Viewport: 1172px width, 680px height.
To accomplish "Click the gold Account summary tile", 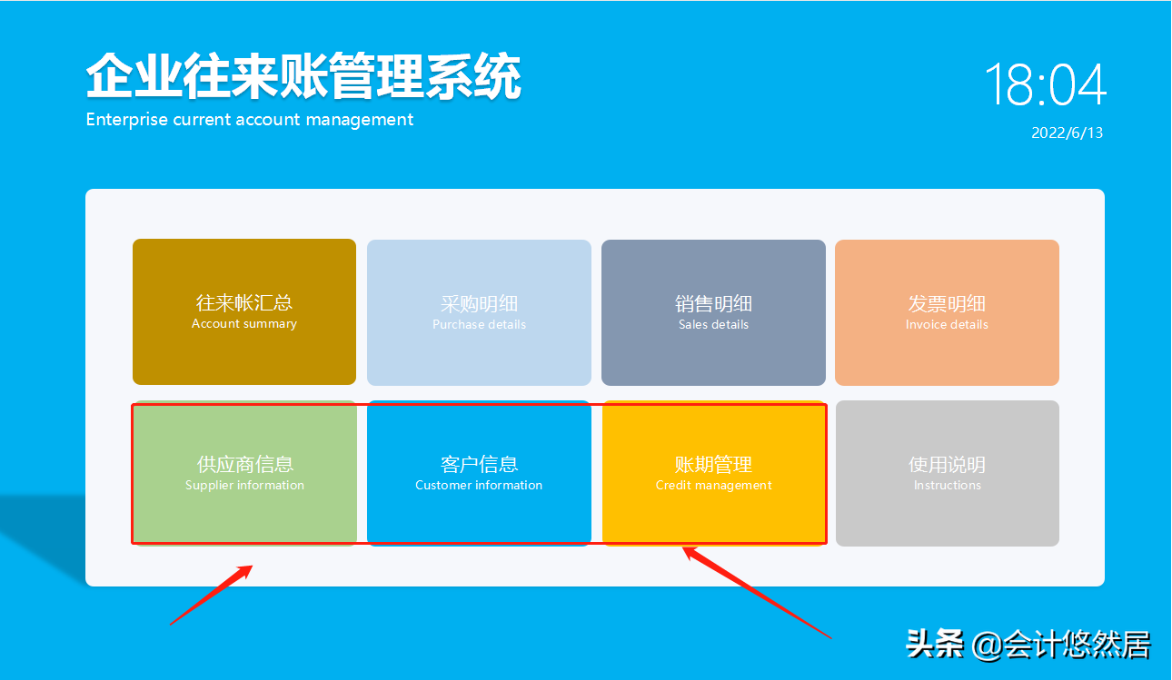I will pyautogui.click(x=243, y=311).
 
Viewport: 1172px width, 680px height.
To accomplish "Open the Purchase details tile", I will pyautogui.click(x=479, y=312).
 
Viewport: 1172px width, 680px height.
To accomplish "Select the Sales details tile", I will pyautogui.click(x=713, y=312).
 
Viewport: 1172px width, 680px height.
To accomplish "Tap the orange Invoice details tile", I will pyautogui.click(x=947, y=312).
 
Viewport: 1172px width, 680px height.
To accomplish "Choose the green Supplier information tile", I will pyautogui.click(x=244, y=473).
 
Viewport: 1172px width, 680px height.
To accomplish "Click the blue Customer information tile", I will pyautogui.click(x=479, y=473).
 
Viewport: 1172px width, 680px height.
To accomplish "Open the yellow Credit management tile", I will pyautogui.click(x=713, y=473).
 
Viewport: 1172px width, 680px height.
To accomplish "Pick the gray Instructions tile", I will pyautogui.click(x=947, y=473).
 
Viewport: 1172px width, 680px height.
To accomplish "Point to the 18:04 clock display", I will pyautogui.click(x=1045, y=85).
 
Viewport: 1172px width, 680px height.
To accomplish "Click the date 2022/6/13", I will pyautogui.click(x=1067, y=133).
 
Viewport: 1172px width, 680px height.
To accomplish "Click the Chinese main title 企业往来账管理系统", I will pyautogui.click(x=303, y=76).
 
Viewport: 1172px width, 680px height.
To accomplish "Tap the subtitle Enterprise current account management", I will pyautogui.click(x=250, y=120).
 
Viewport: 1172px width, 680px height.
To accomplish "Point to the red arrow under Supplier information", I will pyautogui.click(x=211, y=596).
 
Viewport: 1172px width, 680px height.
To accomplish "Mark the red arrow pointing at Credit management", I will pyautogui.click(x=756, y=591).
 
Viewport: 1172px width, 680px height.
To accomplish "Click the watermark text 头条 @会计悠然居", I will pyautogui.click(x=1028, y=645).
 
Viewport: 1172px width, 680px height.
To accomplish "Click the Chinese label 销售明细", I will pyautogui.click(x=713, y=303).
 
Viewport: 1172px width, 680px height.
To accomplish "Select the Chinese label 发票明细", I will pyautogui.click(x=947, y=303).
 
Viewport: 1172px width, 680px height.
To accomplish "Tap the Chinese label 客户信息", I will pyautogui.click(x=479, y=464).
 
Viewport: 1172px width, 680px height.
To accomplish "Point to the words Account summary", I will pyautogui.click(x=243, y=324).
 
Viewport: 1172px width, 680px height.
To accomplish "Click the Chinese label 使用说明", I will pyautogui.click(x=947, y=464).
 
